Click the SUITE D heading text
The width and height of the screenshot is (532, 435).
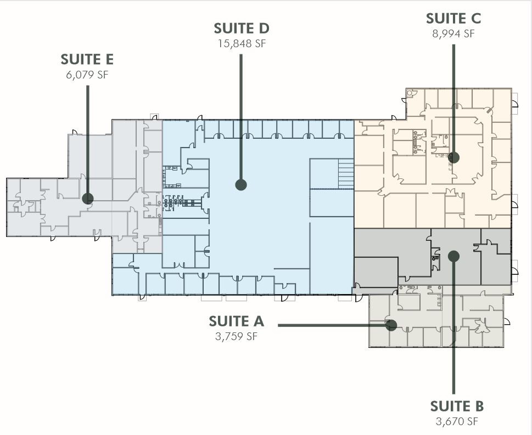pos(241,28)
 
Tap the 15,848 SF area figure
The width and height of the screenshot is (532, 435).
pos(241,44)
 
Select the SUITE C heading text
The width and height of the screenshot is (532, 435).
pos(453,18)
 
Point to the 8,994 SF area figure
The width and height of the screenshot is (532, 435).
pos(453,33)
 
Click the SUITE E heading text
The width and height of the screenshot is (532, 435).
pos(87,59)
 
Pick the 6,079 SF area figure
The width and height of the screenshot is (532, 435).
pos(87,75)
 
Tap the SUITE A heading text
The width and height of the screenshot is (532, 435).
pos(236,321)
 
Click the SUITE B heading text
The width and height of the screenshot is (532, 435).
pos(457,406)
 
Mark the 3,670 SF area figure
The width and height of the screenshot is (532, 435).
pos(457,421)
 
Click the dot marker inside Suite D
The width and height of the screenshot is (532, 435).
pos(240,185)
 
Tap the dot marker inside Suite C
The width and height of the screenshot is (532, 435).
pos(453,157)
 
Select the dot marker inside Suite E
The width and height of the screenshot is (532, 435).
pos(87,199)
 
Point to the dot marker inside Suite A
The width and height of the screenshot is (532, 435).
pos(391,325)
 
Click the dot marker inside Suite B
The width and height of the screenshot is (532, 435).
pos(453,255)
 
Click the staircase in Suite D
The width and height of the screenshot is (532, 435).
pos(345,173)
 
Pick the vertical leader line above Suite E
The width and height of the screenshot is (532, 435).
pos(88,137)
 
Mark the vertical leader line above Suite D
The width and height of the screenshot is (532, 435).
pos(240,115)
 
